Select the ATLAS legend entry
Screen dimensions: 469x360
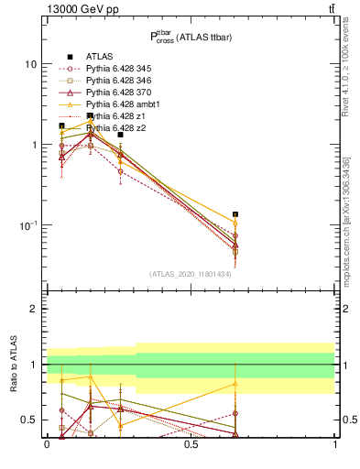click(100, 57)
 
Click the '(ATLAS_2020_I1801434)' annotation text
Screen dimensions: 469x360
click(190, 275)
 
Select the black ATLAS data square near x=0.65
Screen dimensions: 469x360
click(235, 214)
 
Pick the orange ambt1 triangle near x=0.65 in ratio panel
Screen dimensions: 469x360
click(235, 384)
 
